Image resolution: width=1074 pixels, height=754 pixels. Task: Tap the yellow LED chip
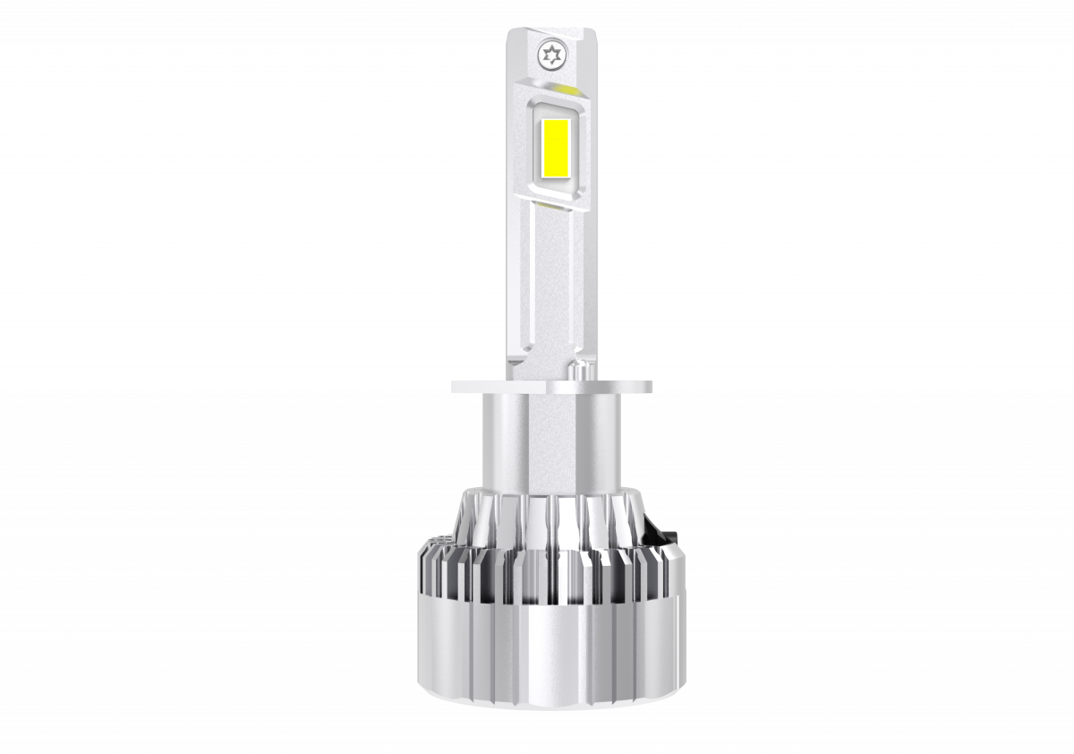pos(556,150)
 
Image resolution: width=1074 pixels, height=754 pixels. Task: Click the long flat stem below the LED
pos(548,287)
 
